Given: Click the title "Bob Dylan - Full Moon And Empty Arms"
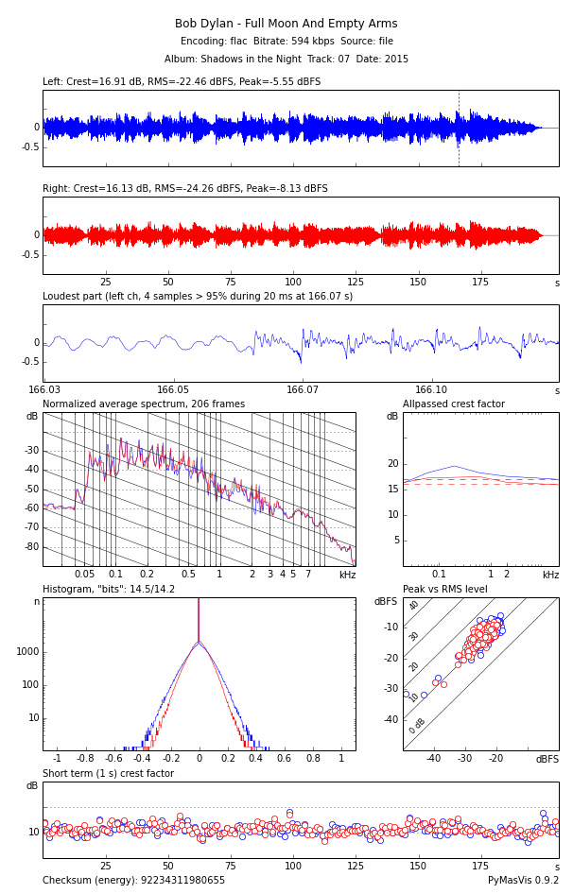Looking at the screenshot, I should [286, 24].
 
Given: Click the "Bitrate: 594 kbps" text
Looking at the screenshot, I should [285, 42].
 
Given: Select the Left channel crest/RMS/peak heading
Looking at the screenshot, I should [182, 82].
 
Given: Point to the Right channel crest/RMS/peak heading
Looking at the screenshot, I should [185, 189].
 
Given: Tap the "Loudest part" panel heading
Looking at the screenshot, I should [198, 297].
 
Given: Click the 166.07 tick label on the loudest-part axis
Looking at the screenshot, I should [303, 389].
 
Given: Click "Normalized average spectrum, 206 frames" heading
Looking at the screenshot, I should [144, 404].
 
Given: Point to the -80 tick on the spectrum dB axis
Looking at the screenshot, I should [32, 547].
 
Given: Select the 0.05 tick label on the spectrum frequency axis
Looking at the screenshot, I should [85, 575].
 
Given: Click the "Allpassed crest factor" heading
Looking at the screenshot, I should [454, 404].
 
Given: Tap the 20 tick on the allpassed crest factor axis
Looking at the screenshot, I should [393, 464].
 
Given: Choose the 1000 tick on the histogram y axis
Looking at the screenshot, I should [26, 652].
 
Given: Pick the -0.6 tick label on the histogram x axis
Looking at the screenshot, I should [113, 758].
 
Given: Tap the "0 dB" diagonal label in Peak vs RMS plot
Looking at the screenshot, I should [417, 726].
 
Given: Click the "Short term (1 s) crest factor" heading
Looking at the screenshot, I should [108, 774].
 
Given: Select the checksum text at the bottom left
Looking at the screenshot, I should [133, 881].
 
